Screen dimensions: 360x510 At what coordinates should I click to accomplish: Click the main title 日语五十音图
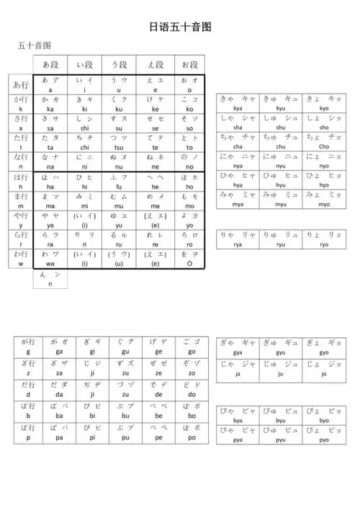click(180, 27)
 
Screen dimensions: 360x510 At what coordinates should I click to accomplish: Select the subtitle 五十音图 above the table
click(34, 46)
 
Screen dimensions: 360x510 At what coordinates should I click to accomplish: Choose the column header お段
click(190, 64)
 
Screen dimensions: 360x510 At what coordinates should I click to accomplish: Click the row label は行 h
click(21, 181)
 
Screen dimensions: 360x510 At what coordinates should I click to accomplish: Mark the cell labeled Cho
click(323, 141)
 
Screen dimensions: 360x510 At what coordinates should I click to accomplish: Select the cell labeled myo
click(323, 199)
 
